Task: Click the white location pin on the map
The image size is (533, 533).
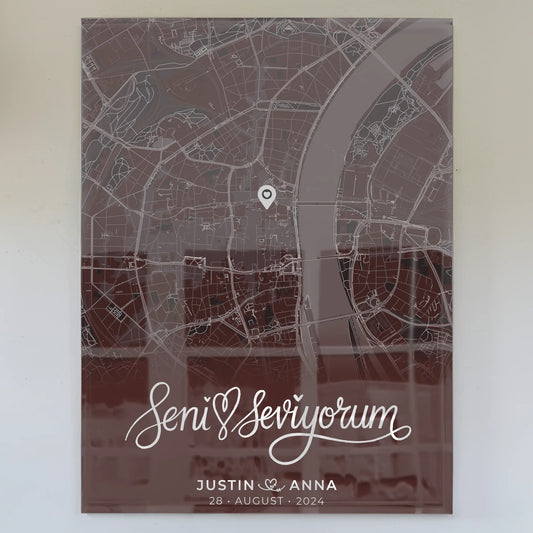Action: (267, 196)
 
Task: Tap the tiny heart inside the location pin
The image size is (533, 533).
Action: (267, 193)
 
